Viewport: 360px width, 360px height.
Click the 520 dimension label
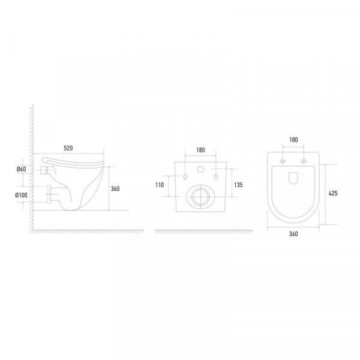click(68, 148)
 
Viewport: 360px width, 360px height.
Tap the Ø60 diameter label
click(21, 169)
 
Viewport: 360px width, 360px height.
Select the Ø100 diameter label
click(21, 195)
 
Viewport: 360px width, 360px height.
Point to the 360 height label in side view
click(115, 189)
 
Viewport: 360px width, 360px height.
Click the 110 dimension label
click(160, 185)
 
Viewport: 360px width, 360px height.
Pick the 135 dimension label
click(238, 185)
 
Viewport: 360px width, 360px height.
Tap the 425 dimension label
click(333, 193)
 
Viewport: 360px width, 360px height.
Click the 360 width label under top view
click(293, 234)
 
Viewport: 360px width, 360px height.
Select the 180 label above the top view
click(293, 140)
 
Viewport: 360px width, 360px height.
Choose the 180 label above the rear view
click(200, 150)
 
